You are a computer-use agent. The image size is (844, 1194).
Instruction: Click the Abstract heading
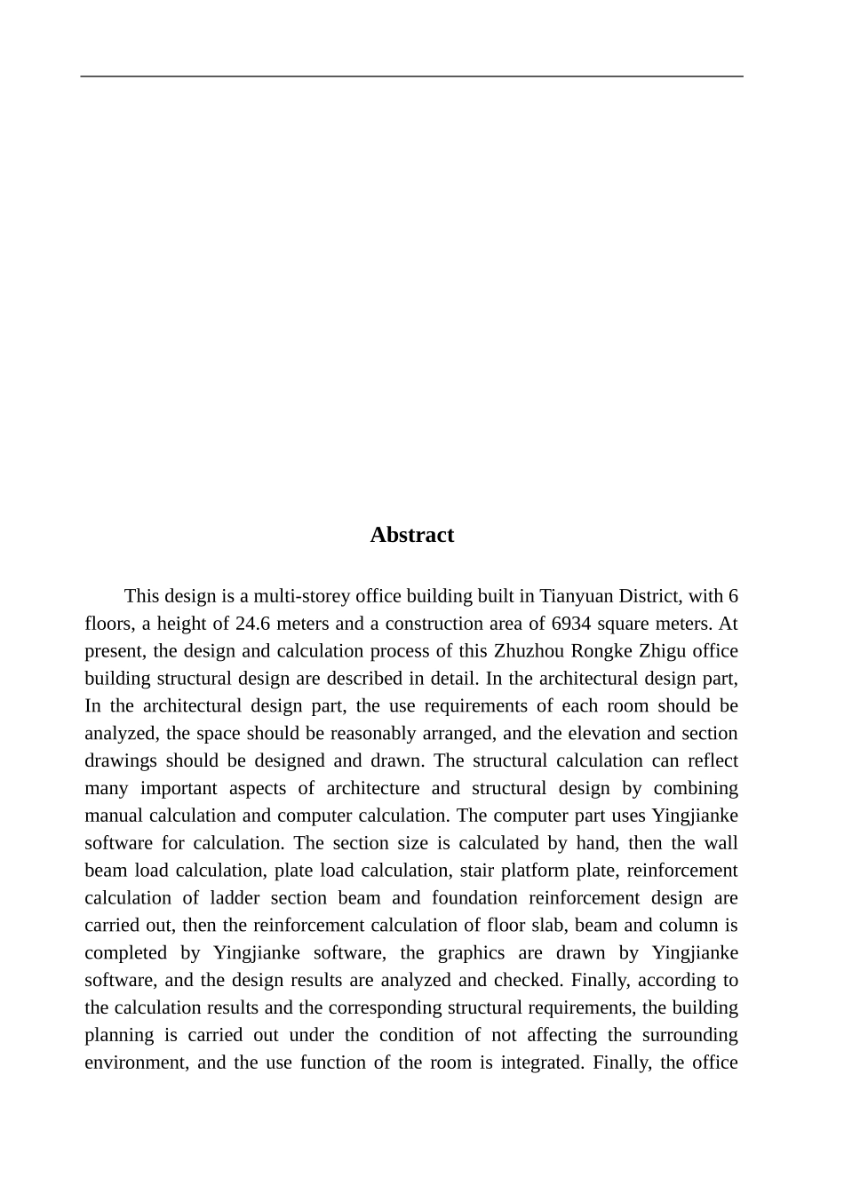411,535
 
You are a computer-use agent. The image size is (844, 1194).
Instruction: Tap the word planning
119,1036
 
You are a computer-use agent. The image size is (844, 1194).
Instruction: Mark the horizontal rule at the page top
411,76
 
